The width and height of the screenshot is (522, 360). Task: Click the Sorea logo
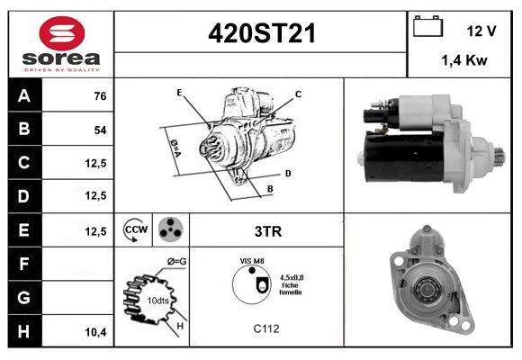pos(61,44)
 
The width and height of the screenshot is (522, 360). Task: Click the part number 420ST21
pos(261,33)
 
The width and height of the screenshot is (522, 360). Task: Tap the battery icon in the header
pos(426,28)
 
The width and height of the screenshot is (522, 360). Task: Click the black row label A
pos(24,96)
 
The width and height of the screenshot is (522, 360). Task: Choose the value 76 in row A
pos(100,96)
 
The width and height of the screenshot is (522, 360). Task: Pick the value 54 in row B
pos(100,130)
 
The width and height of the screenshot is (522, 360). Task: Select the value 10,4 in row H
pos(96,332)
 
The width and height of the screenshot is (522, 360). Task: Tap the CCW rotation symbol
pos(135,230)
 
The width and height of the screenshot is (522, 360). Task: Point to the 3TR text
pos(267,231)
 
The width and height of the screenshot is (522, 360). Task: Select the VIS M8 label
pos(251,261)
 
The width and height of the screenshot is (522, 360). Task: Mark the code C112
pos(265,328)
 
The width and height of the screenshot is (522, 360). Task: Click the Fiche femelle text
pos(290,289)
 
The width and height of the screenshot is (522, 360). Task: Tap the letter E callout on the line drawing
pos(179,93)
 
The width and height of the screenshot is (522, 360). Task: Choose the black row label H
pos(24,332)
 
